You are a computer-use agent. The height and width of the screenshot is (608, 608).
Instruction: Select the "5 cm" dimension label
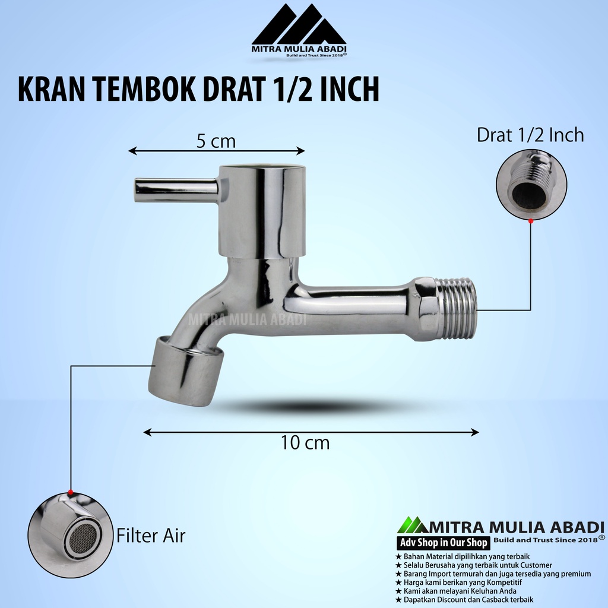click(x=216, y=141)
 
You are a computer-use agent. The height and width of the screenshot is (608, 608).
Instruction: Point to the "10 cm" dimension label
click(x=305, y=443)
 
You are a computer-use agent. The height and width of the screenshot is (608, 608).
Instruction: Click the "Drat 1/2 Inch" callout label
click(x=530, y=135)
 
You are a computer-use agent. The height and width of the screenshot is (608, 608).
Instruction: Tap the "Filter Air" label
click(x=151, y=536)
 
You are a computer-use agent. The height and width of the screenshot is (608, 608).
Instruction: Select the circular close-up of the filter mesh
click(x=71, y=536)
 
